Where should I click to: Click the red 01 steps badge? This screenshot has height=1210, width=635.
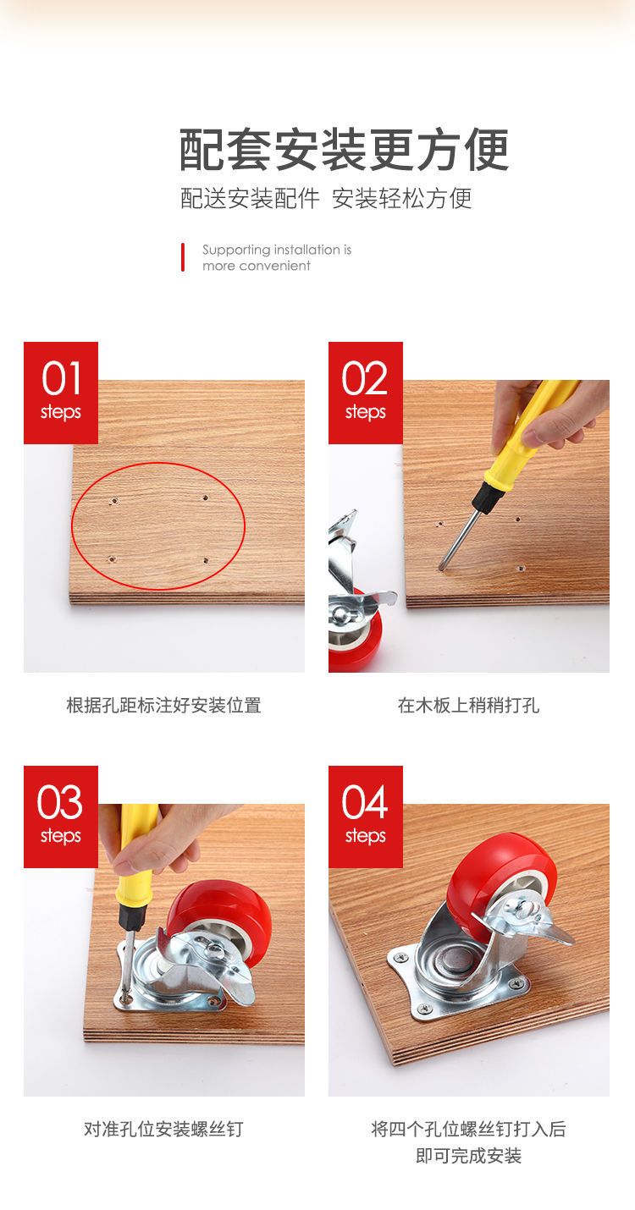(x=60, y=393)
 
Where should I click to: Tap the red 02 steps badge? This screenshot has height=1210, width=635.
(x=365, y=393)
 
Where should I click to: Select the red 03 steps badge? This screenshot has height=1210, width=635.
(x=60, y=817)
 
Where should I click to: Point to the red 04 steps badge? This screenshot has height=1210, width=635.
(x=365, y=817)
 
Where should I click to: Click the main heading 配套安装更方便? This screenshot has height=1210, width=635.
(x=344, y=149)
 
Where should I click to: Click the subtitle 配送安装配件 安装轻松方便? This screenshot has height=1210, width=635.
(x=326, y=198)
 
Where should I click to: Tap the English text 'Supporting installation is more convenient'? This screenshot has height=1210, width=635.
(x=276, y=258)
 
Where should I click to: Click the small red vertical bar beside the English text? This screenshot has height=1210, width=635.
(x=183, y=257)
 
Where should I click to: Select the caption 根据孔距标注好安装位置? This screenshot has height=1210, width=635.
(x=163, y=705)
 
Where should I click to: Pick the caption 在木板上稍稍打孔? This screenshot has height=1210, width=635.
(x=468, y=705)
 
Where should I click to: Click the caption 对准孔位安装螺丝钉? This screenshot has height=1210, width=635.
(x=163, y=1129)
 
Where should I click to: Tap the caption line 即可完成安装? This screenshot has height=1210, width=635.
(x=468, y=1156)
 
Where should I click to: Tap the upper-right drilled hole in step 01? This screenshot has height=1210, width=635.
(x=205, y=498)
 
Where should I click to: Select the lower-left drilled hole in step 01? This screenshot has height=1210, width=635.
(x=112, y=559)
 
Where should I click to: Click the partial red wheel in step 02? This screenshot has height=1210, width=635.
(x=356, y=637)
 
